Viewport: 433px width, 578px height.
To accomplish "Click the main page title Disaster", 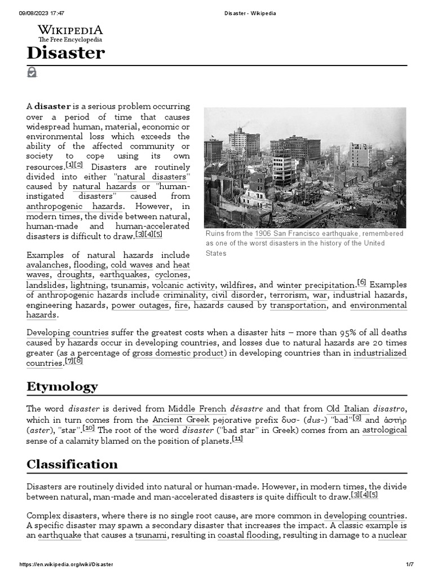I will pos(65,54).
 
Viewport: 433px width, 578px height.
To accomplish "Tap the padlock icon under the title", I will pos(32,72).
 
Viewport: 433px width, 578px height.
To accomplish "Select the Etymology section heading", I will pos(62,387).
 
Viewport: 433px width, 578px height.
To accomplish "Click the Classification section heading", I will pos(72,464).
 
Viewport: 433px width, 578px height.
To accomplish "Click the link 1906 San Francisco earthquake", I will pos(306,234).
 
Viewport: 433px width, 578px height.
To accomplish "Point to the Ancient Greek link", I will pos(180,419).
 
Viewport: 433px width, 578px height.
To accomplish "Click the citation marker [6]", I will pos(361,282).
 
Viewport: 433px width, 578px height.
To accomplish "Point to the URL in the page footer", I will pos(67,565).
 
